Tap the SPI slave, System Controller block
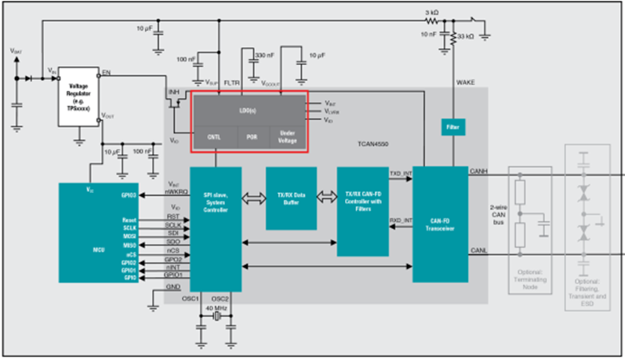[215, 223]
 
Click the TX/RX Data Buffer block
[291, 198]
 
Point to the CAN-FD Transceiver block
[439, 224]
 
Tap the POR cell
[252, 136]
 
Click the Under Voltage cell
[289, 136]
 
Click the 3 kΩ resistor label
[431, 13]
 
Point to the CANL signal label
[478, 251]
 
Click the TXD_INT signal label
[401, 173]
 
